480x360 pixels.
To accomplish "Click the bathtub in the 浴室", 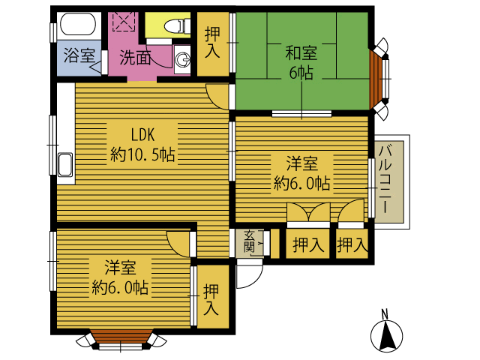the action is pos(78,23).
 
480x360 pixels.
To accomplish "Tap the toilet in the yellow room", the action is pos(177,25).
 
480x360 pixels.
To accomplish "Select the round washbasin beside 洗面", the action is pos(182,58).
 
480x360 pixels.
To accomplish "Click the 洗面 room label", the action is pos(135,57).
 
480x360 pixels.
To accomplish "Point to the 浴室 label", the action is pos(79,55).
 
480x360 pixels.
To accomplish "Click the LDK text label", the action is pos(142,134).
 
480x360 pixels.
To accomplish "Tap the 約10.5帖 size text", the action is pos(142,154).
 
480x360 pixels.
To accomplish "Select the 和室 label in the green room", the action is pos(301,52).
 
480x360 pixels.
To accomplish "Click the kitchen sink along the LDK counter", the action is pos(65,165).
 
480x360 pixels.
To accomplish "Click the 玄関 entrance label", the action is pos(250,241).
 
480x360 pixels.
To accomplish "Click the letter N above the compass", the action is pos(385,314).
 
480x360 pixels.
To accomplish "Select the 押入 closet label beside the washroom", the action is pos(212,42).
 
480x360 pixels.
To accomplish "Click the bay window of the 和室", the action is pos(379,79).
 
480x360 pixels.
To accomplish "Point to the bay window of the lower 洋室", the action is pos(121,340).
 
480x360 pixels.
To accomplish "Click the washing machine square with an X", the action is pos(124,21).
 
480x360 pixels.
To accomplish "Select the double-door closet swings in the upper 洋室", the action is pos(308,211).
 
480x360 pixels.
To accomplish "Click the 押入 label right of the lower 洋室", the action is pos(211,299).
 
